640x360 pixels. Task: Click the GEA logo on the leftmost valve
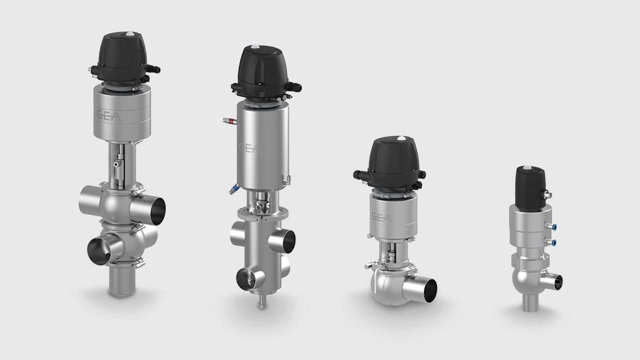(109, 116)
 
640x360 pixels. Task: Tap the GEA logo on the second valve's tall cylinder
(250, 148)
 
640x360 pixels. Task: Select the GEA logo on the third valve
(382, 218)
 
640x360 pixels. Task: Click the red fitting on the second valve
(230, 122)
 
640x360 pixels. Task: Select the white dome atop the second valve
(254, 47)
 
